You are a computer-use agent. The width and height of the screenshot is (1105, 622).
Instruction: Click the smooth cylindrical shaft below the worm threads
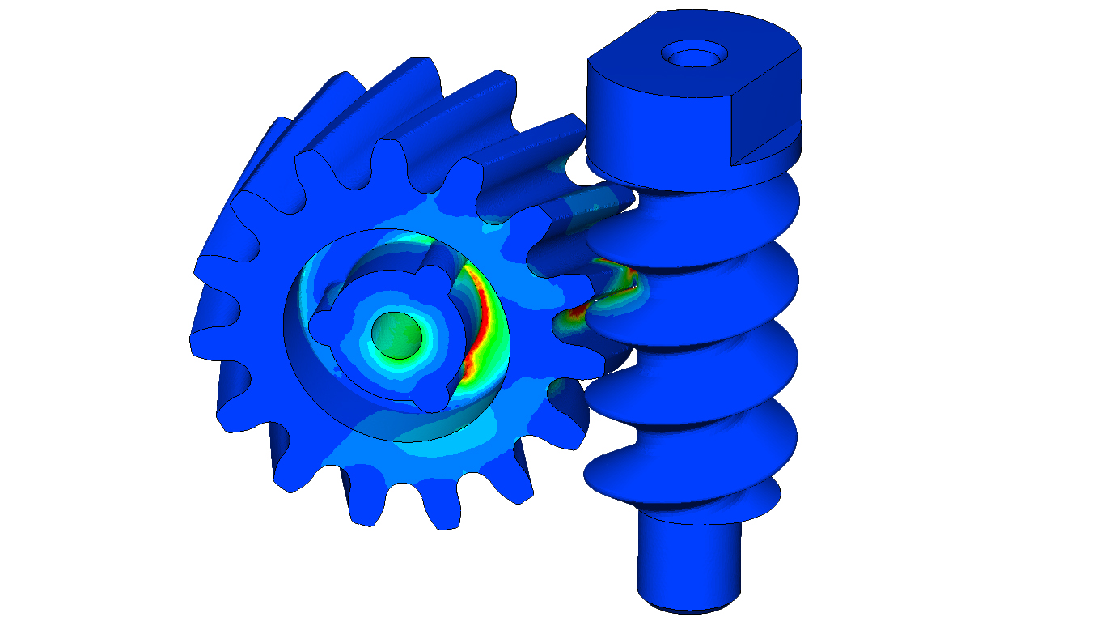pos(688,559)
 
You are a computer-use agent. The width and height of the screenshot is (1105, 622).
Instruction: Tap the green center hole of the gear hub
pos(396,333)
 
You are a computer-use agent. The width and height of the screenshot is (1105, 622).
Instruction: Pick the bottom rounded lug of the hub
pos(438,397)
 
